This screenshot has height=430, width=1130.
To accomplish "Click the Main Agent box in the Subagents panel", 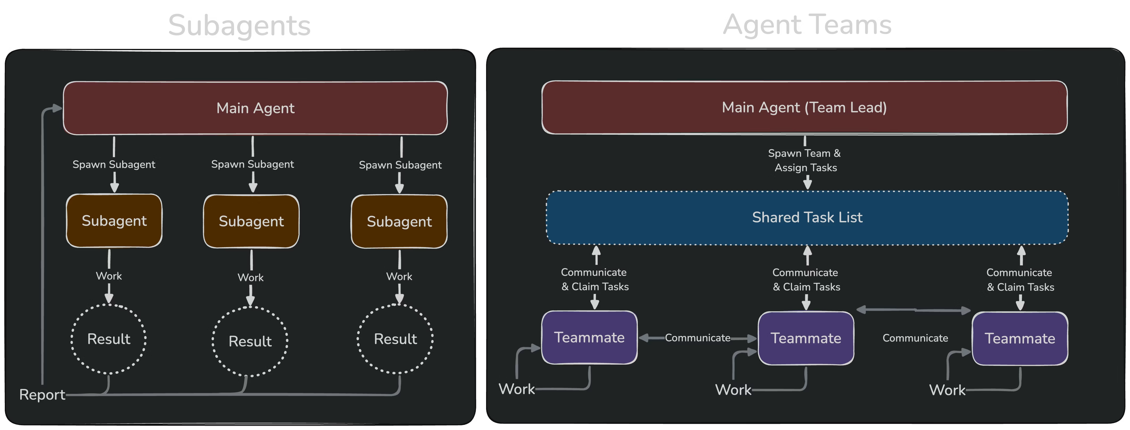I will click(x=255, y=108).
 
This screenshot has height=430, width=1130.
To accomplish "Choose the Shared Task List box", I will click(x=807, y=217).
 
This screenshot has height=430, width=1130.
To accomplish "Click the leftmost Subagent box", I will click(x=114, y=221).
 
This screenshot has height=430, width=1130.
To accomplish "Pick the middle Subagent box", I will click(x=251, y=221).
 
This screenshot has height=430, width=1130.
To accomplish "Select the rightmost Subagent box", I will click(x=399, y=222).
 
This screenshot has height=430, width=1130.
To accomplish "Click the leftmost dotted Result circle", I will click(x=109, y=339).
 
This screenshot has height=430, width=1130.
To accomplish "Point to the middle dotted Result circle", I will click(x=250, y=341).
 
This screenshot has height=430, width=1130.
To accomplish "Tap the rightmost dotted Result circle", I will click(x=395, y=339).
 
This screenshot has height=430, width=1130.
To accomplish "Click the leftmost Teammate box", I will click(x=589, y=337).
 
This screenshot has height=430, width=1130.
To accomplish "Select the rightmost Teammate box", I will click(x=1020, y=339).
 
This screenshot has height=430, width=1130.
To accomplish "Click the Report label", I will click(x=42, y=395).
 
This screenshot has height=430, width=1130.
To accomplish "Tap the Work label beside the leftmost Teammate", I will click(x=517, y=389).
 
